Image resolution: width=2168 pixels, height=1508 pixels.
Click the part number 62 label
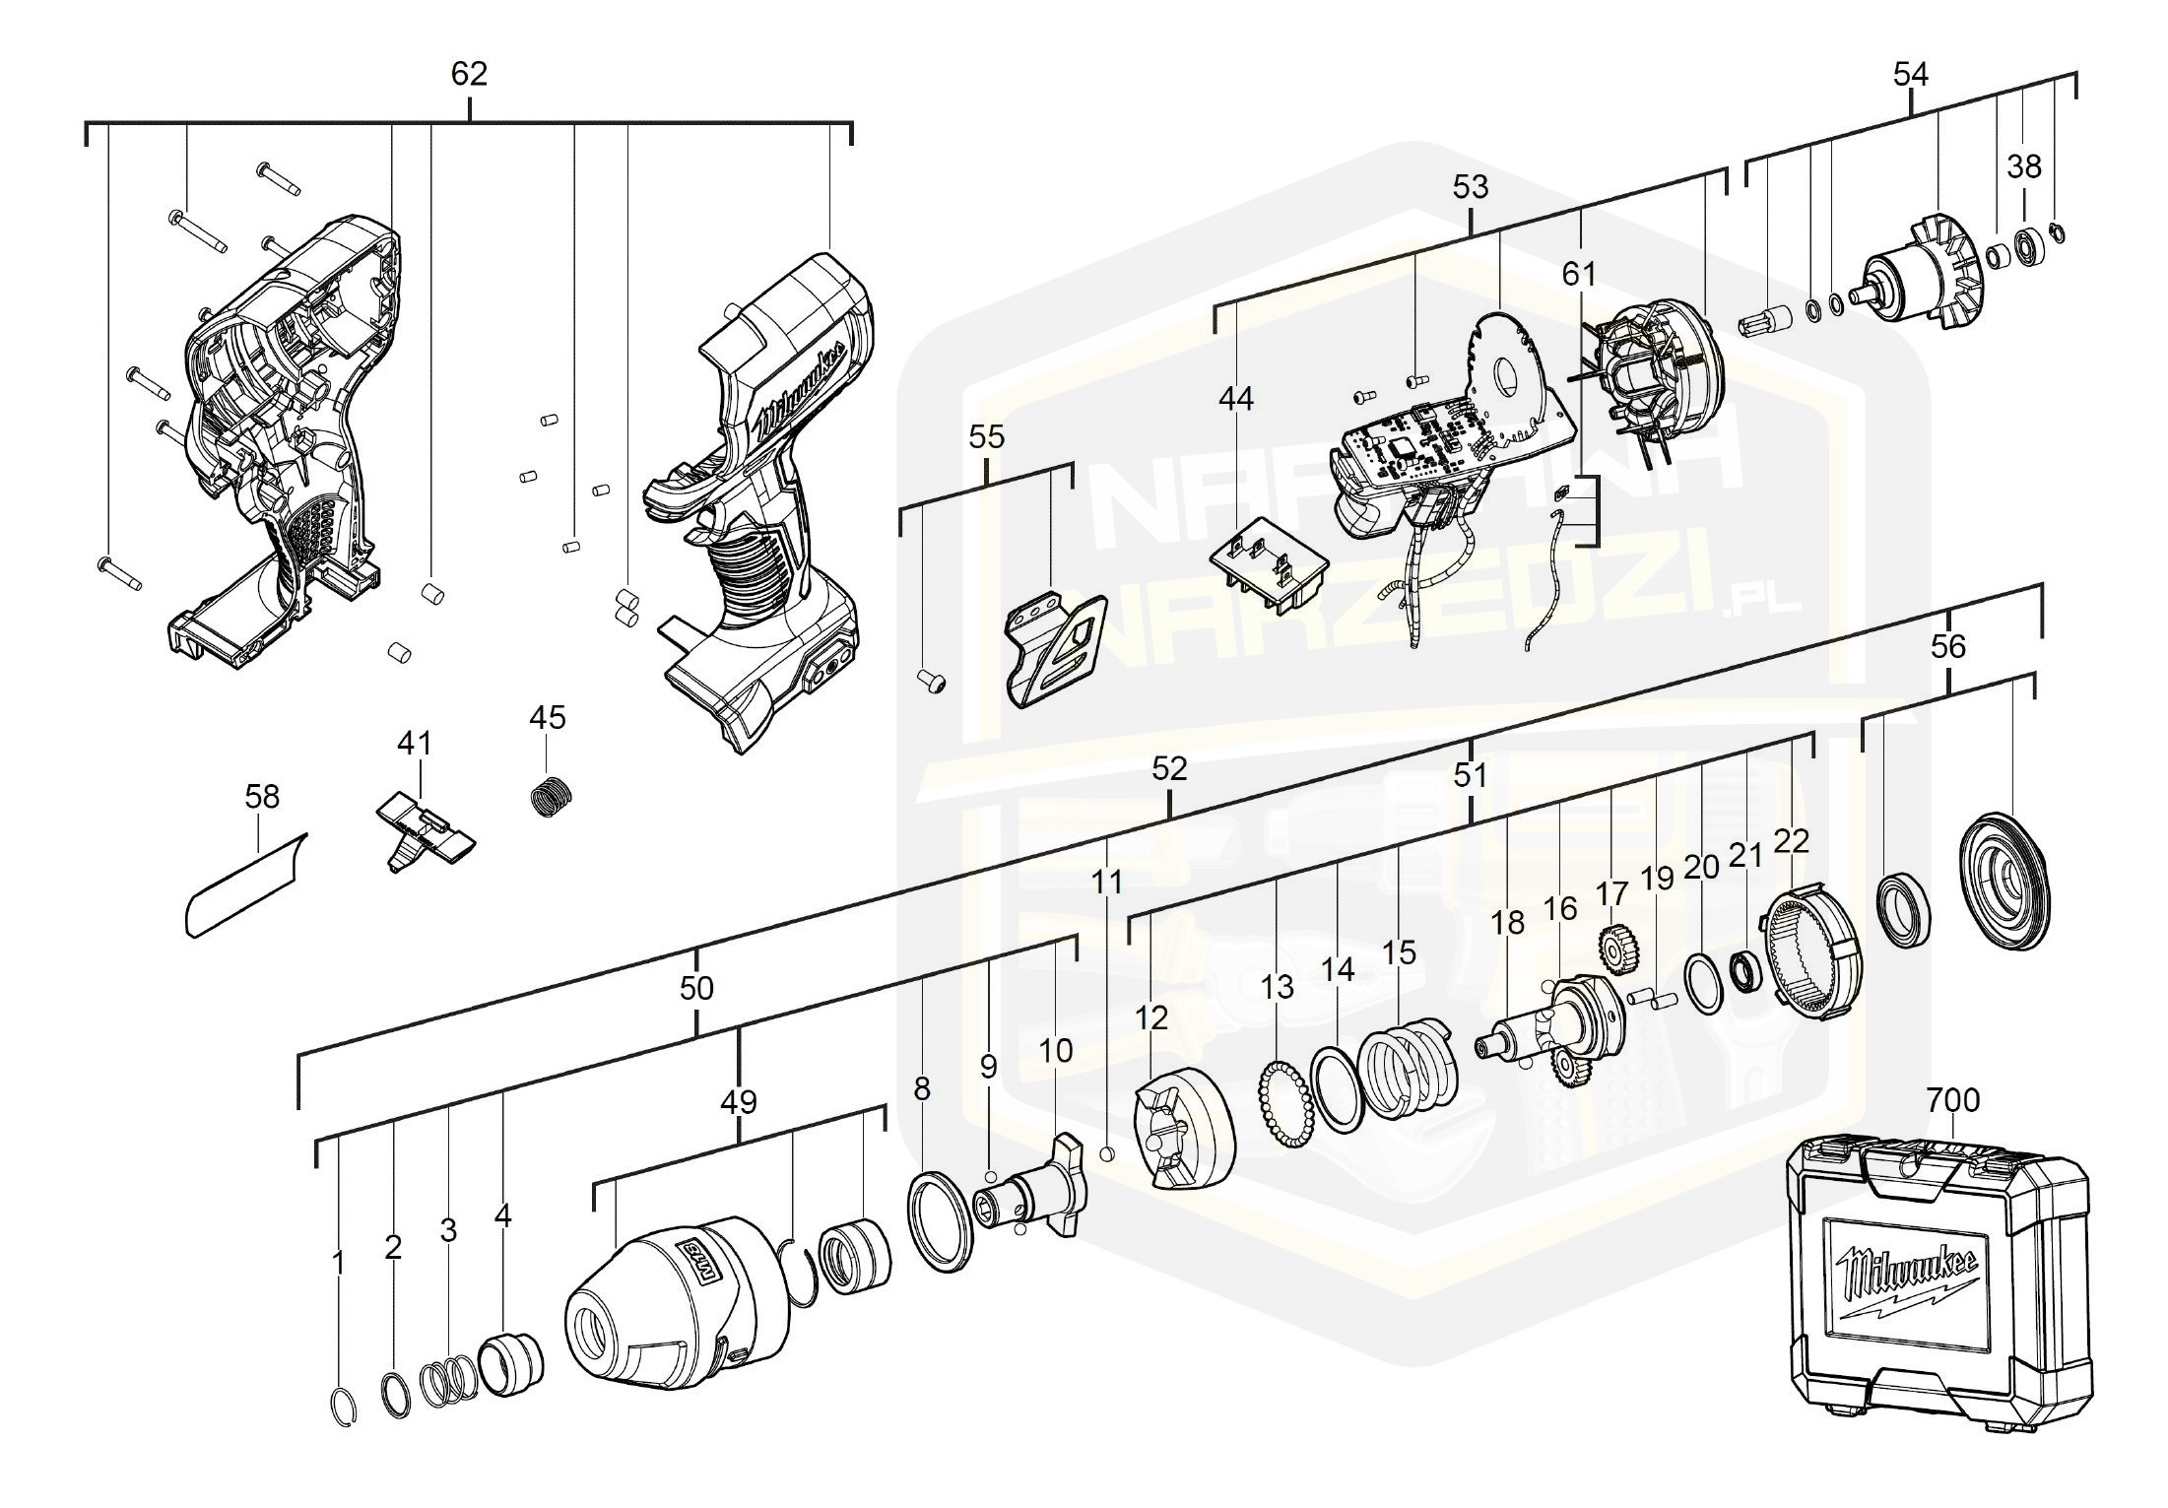tap(469, 74)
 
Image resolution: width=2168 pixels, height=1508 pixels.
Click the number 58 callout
tap(262, 796)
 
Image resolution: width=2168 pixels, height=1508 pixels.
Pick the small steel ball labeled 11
tap(1107, 1153)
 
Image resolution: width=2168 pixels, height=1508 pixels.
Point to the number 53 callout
tap(1471, 186)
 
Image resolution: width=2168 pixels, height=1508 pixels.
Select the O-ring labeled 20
tap(1703, 981)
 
